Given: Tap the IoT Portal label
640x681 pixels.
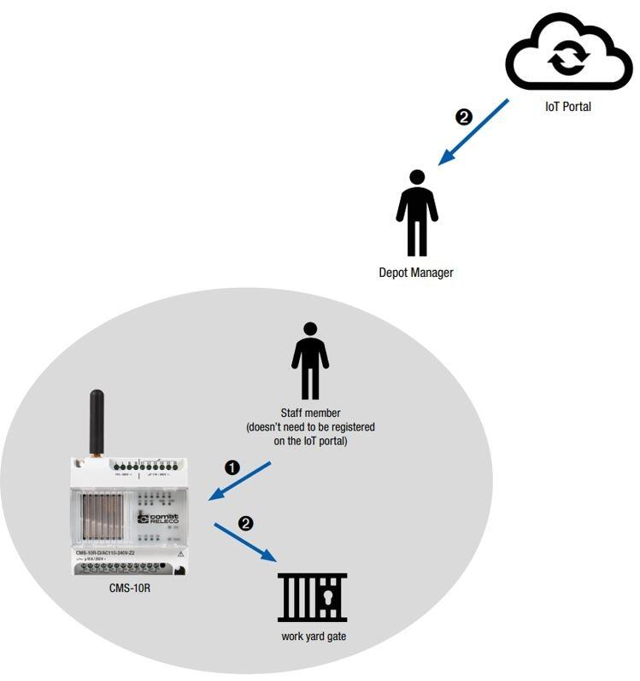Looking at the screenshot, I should click(568, 107).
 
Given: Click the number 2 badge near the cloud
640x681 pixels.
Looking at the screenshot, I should click(464, 117).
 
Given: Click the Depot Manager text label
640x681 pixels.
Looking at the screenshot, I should click(416, 273).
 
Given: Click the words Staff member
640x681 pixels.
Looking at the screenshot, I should click(310, 413).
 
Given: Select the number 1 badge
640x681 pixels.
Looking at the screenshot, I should click(232, 467).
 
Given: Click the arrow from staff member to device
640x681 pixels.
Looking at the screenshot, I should click(240, 481).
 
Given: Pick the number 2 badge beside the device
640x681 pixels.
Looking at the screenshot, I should click(245, 523).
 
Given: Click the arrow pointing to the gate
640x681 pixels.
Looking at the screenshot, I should click(245, 542).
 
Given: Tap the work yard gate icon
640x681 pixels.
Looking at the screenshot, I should click(312, 597).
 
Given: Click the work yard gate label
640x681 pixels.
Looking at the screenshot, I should click(314, 637).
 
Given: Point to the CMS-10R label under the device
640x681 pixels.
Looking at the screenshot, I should click(130, 588).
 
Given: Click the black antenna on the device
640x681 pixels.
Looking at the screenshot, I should click(97, 422).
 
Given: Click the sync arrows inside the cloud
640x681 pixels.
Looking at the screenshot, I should click(568, 58).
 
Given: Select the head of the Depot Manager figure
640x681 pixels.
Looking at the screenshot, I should click(417, 178).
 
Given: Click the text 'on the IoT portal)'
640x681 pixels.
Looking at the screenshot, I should click(310, 441).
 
